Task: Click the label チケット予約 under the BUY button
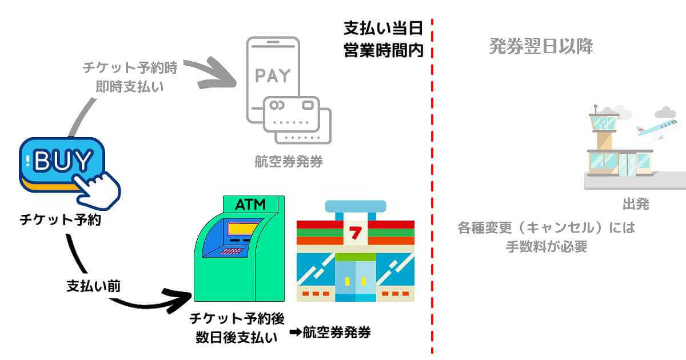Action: click(x=60, y=219)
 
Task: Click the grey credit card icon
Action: click(x=297, y=119)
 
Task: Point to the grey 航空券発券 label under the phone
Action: click(x=289, y=162)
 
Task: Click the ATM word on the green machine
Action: click(x=251, y=205)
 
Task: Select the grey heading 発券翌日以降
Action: click(x=541, y=46)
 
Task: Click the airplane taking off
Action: click(x=657, y=129)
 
